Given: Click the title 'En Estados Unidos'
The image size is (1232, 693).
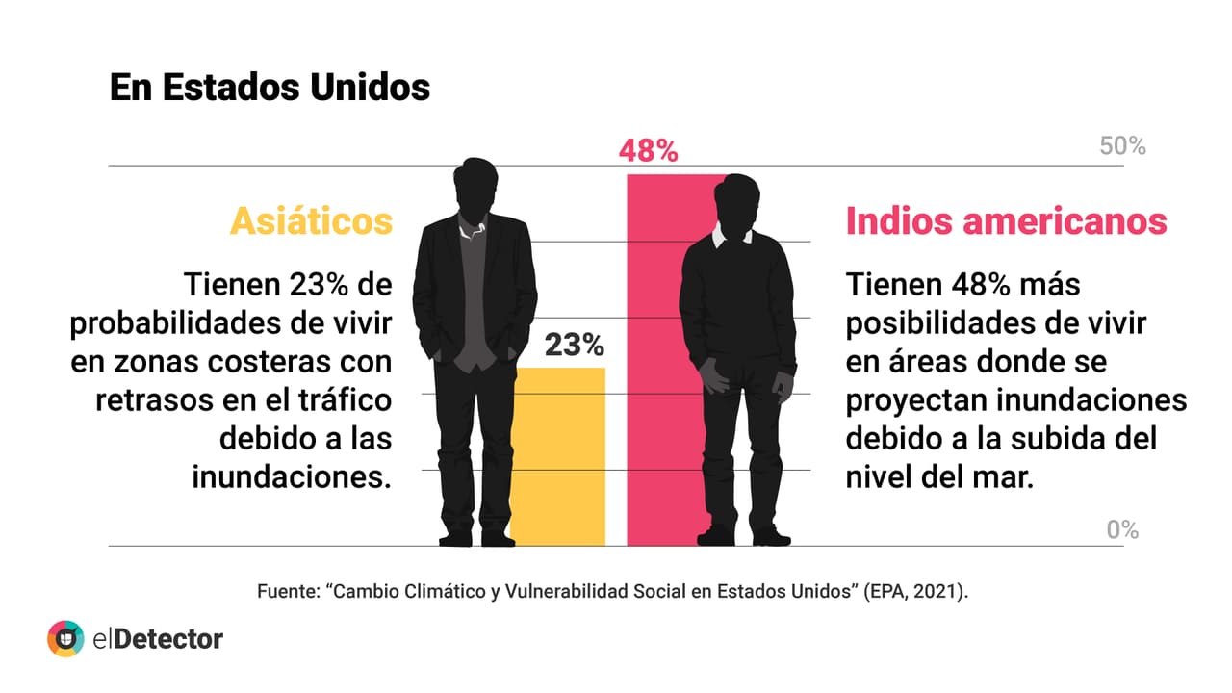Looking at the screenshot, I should tap(269, 87).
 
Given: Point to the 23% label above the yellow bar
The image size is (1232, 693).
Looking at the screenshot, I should tap(574, 345).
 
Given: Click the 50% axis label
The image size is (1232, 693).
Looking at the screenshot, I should tap(1122, 146).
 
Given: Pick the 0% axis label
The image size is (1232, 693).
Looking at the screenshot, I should tap(1122, 529).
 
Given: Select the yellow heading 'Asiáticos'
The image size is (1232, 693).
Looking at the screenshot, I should tap(311, 221).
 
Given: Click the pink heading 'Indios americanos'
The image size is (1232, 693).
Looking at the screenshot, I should tap(1006, 221).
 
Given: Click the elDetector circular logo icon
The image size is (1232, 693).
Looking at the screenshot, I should tap(65, 638).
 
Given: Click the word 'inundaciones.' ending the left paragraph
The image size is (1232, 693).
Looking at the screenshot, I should tap(292, 477).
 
